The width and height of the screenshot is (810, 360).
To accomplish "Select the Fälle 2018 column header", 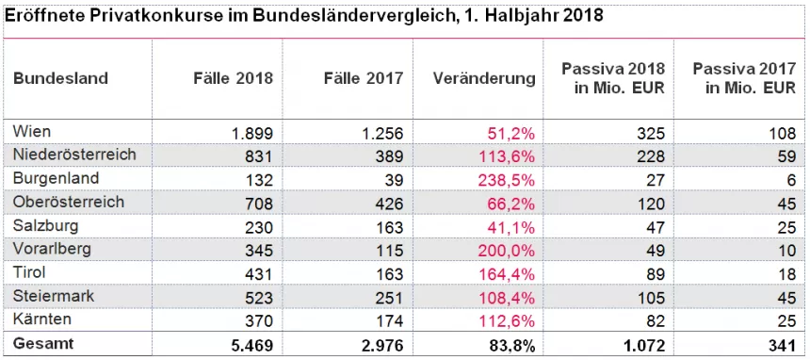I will pyautogui.click(x=227, y=78).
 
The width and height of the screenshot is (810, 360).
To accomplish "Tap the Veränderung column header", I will pyautogui.click(x=484, y=78).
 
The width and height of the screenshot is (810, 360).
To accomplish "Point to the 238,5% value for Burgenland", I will pyautogui.click(x=509, y=179).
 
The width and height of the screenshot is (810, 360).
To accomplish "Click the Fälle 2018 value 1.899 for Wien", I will pyautogui.click(x=252, y=133).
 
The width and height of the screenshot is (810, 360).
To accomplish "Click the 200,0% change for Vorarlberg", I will pyautogui.click(x=509, y=250).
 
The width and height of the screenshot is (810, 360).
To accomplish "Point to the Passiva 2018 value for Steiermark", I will pyautogui.click(x=651, y=298).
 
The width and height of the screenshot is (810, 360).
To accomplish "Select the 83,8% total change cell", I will pyautogui.click(x=512, y=345).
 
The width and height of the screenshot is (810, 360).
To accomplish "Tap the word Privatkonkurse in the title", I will pyautogui.click(x=137, y=17).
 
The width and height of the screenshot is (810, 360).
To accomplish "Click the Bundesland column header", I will pyautogui.click(x=60, y=78).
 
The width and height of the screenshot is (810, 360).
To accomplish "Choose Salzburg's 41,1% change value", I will pyautogui.click(x=512, y=227).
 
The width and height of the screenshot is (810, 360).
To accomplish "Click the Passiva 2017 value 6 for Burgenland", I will pyautogui.click(x=790, y=179).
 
